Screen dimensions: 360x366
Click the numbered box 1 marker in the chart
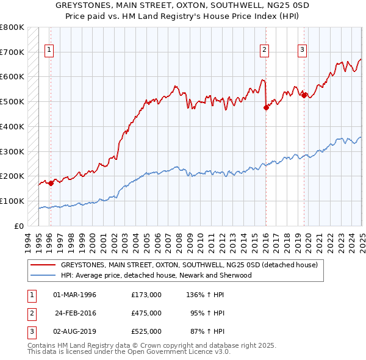point(49,51)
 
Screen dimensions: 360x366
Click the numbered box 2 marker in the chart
point(265,51)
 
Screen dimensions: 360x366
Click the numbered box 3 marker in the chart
point(303,51)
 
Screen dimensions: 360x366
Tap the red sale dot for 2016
point(266,107)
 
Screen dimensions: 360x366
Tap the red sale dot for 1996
point(51,182)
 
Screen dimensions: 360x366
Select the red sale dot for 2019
point(304,95)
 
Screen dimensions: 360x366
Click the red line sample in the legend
point(44,265)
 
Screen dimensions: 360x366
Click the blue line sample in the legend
point(44,275)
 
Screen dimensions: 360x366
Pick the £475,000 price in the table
point(146,313)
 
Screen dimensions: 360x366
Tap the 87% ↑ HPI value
point(208,331)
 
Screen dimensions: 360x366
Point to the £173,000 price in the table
point(146,295)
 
